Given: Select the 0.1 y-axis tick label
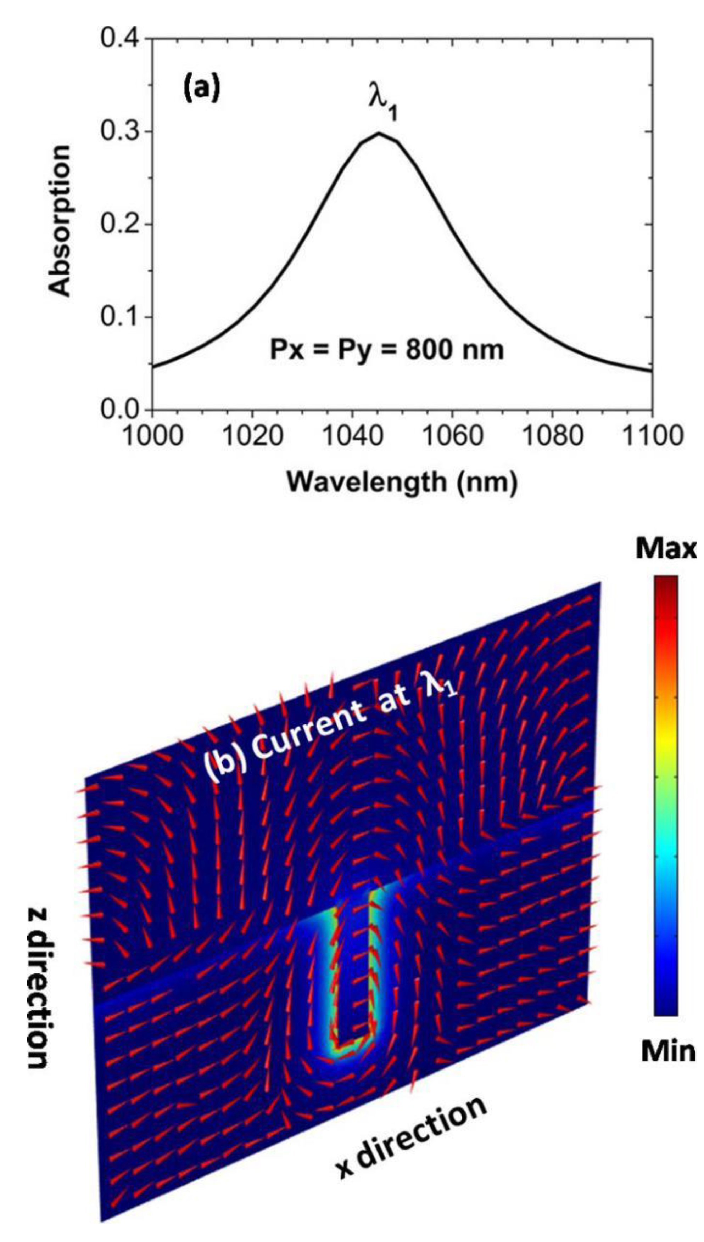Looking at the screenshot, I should click(x=119, y=317).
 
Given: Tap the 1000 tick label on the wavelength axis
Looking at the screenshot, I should click(x=153, y=436).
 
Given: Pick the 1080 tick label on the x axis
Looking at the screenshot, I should click(x=553, y=436).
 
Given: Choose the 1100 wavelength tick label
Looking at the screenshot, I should click(x=653, y=436).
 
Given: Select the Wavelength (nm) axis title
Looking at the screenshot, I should click(x=402, y=482).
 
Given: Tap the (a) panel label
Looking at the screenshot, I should click(x=201, y=90).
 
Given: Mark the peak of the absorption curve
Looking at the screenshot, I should click(x=380, y=133).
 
